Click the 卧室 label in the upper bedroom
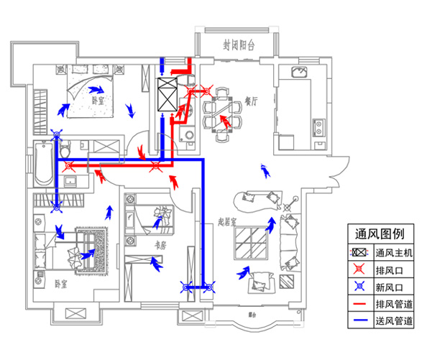click(x=98, y=101)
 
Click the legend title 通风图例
click(x=380, y=234)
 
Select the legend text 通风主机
click(x=394, y=254)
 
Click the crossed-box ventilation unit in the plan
click(x=166, y=94)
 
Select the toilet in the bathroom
click(x=64, y=150)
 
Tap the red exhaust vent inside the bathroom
click(x=70, y=166)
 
